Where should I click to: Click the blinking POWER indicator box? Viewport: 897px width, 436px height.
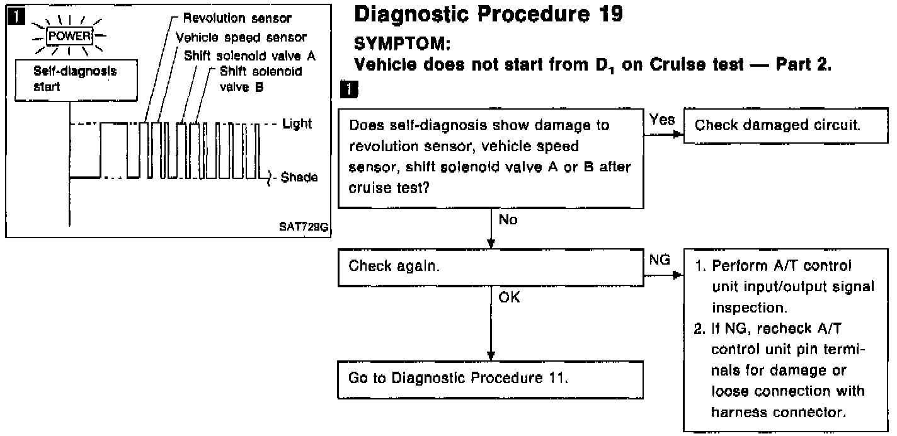click(x=75, y=35)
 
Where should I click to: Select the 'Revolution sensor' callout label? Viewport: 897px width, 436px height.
click(x=237, y=18)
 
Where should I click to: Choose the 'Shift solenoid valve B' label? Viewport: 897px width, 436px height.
click(x=260, y=79)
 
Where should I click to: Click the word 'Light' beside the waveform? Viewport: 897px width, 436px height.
click(x=297, y=123)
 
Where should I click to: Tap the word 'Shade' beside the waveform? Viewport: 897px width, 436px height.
click(x=299, y=178)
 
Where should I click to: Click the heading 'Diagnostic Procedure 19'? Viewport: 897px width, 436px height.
click(x=488, y=14)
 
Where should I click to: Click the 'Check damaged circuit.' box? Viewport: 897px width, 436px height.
click(x=777, y=125)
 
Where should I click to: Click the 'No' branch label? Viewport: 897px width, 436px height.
click(x=508, y=221)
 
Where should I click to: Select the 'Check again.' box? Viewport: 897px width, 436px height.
click(x=489, y=266)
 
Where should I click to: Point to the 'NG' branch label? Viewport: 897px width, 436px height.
click(x=660, y=260)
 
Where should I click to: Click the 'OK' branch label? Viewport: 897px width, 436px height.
click(x=509, y=298)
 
